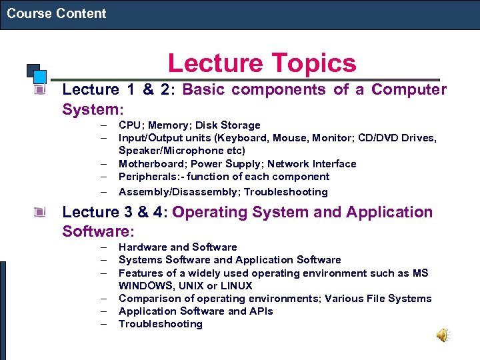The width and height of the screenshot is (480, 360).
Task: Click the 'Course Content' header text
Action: coord(57,13)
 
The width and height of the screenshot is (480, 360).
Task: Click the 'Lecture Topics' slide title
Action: coord(261,63)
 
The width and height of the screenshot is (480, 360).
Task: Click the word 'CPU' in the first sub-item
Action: coord(130,125)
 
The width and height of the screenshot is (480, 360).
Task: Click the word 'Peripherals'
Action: coord(149,177)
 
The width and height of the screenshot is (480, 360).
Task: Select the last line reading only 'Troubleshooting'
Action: coord(160,324)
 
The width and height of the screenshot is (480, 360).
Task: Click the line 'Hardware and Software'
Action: coord(177,247)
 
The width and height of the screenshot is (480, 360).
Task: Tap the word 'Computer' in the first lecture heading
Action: coord(409,89)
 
